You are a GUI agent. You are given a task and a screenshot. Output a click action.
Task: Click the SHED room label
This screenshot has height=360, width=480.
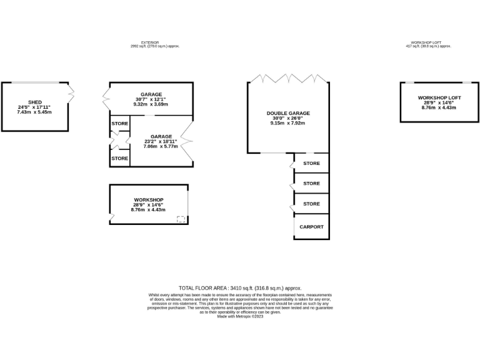click(x=34, y=102)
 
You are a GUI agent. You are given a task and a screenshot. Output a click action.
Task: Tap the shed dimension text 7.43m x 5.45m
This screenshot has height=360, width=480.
click(x=34, y=112)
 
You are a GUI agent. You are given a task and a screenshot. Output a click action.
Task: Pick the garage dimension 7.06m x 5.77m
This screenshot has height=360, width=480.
click(x=161, y=147)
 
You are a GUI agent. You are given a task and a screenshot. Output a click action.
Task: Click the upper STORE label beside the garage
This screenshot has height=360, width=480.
click(x=120, y=124)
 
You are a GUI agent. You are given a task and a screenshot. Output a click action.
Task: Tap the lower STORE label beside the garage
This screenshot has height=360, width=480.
click(x=120, y=158)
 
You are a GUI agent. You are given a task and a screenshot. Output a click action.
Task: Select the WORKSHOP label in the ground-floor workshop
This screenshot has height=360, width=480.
click(x=148, y=200)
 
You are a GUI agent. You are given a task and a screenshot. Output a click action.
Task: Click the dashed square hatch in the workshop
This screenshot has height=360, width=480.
click(x=181, y=219)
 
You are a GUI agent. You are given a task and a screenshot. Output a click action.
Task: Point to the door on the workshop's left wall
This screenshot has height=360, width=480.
click(x=111, y=217)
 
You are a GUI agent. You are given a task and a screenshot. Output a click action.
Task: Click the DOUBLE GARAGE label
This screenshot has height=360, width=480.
click(x=288, y=113)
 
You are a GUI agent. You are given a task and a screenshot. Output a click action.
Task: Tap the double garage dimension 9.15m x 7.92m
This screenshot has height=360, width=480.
click(x=288, y=123)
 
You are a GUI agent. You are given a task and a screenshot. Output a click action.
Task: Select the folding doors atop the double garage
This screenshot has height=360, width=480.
click(x=288, y=79)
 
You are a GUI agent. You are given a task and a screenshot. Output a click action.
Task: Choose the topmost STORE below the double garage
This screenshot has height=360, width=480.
click(x=311, y=164)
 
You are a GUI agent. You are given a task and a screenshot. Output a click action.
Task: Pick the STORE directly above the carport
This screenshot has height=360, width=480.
click(x=311, y=204)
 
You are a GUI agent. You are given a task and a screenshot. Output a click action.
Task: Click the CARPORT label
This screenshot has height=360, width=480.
click(x=311, y=227)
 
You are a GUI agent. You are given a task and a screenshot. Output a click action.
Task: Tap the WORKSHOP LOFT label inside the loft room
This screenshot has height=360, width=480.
click(x=439, y=97)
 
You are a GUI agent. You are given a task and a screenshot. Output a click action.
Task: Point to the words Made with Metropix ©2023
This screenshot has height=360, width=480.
click(x=240, y=317)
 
